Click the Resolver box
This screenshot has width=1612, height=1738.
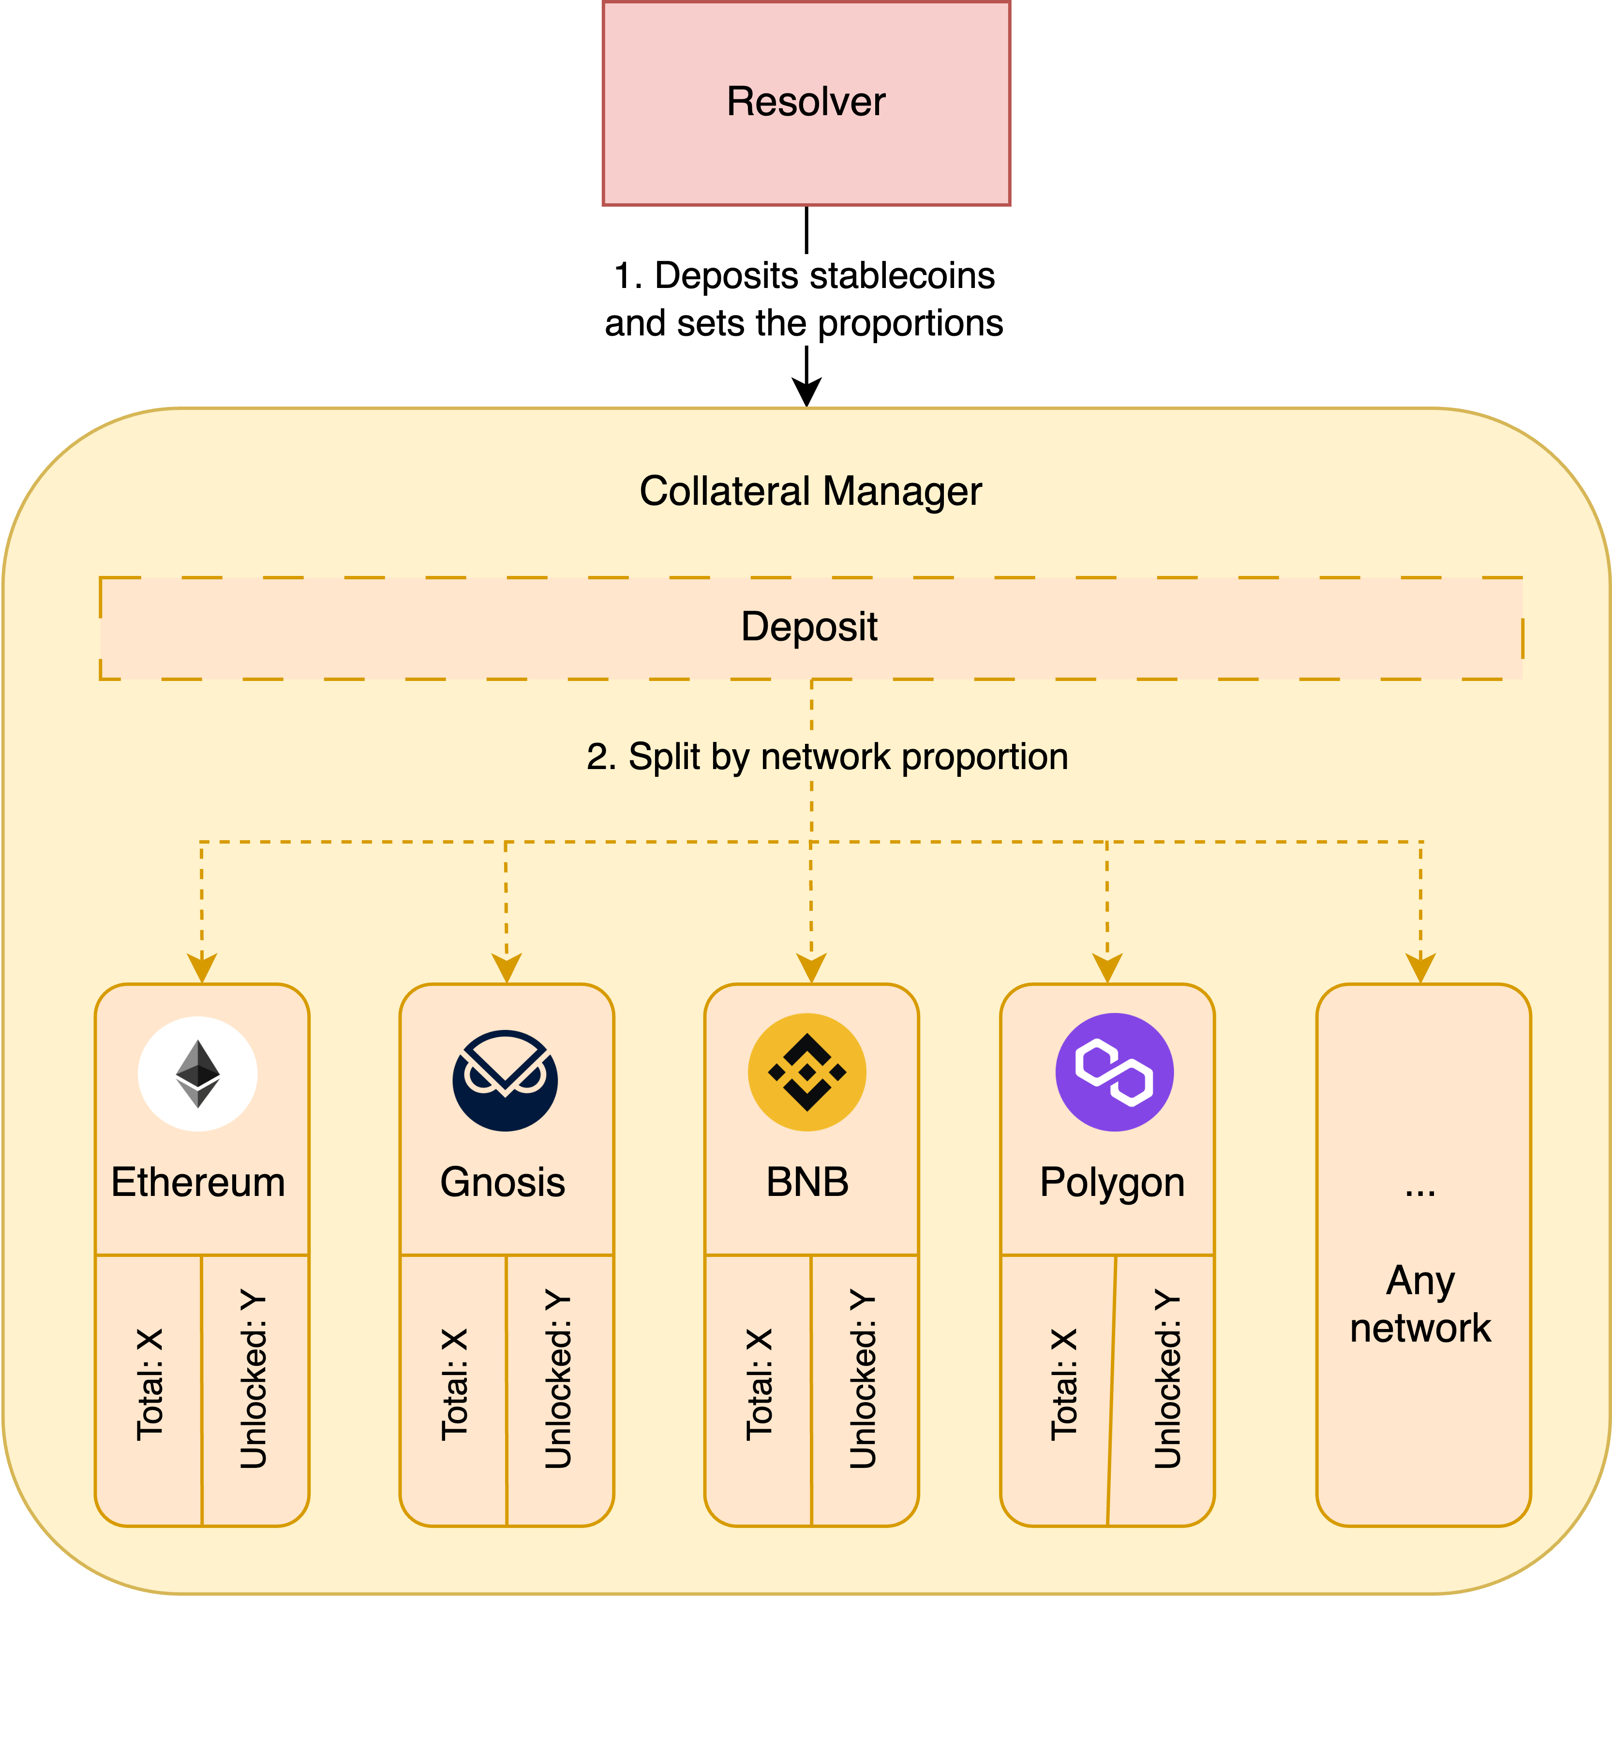(x=806, y=103)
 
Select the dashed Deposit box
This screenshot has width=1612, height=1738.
(x=810, y=627)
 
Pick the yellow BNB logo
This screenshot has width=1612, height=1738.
(x=807, y=1073)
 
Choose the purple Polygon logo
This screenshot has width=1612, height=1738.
(x=1114, y=1073)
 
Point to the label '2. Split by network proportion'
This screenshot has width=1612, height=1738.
(x=827, y=756)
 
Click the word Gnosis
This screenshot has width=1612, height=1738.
(x=503, y=1182)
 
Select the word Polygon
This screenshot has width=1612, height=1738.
(x=1112, y=1182)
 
